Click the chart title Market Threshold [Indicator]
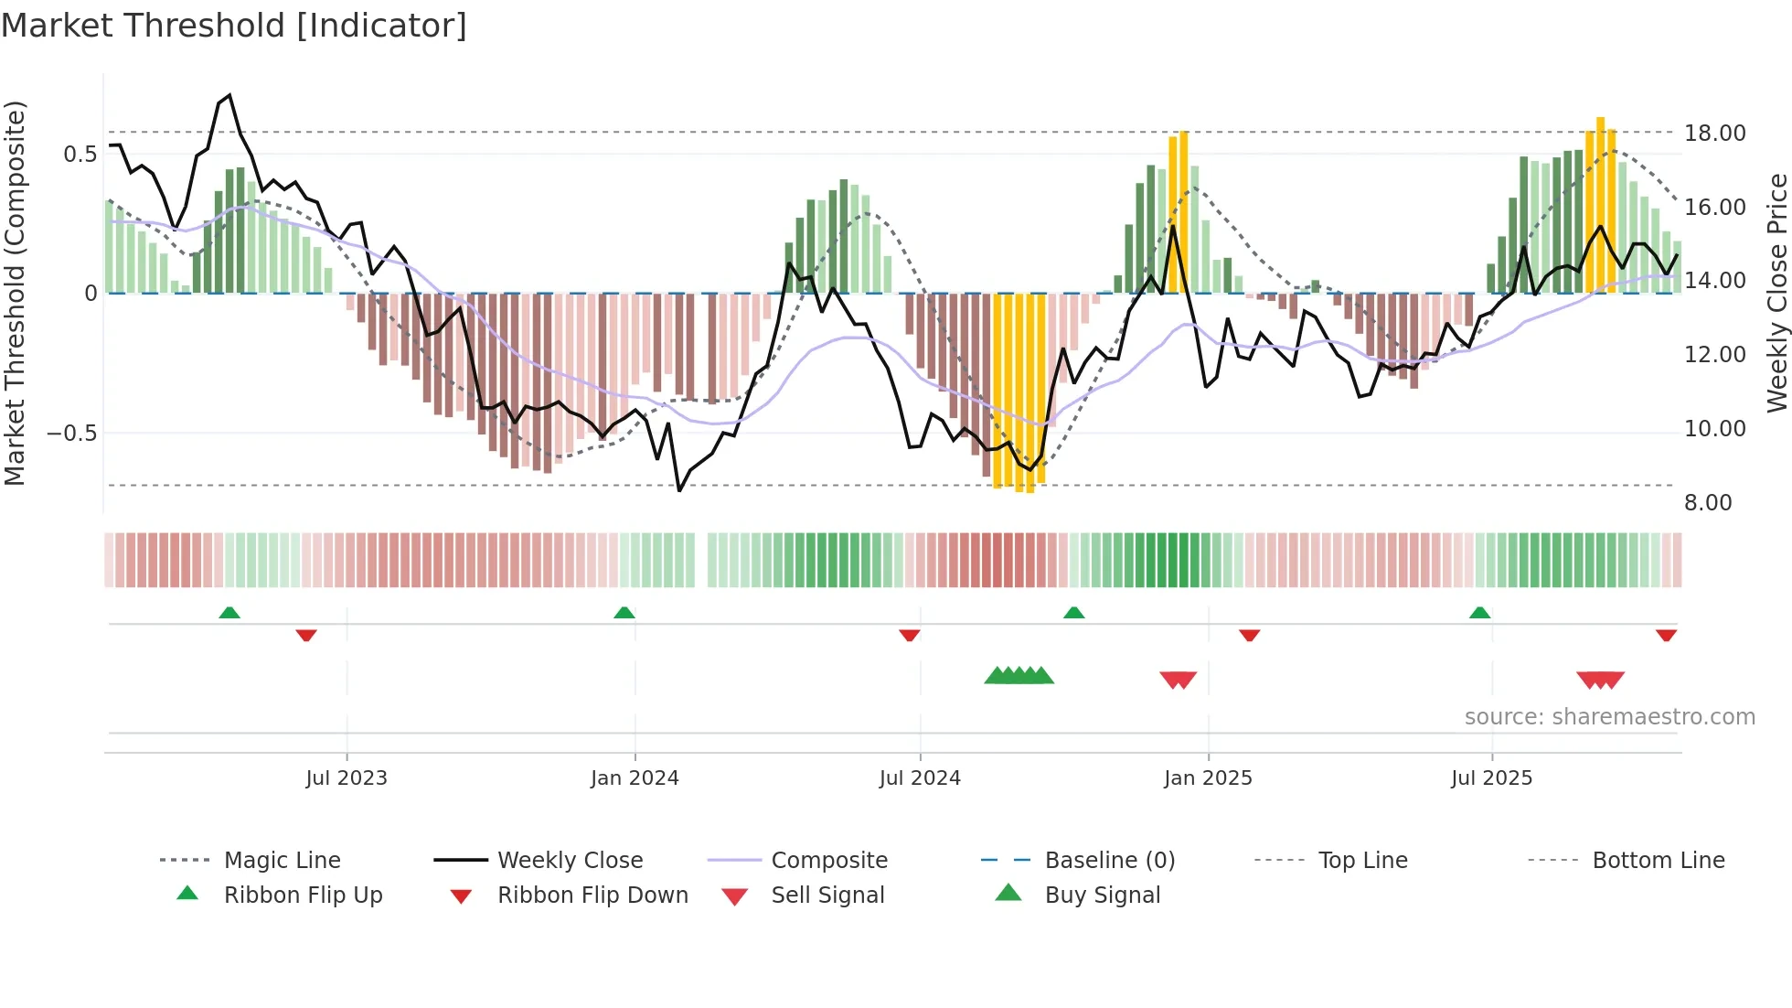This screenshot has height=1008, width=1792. click(x=234, y=26)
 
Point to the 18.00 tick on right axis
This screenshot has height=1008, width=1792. click(x=1714, y=134)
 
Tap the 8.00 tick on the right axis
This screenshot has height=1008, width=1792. click(x=1707, y=503)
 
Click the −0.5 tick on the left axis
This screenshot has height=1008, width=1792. click(x=72, y=434)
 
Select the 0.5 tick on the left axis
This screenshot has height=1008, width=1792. click(x=80, y=155)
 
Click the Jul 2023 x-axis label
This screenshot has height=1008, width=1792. click(x=347, y=778)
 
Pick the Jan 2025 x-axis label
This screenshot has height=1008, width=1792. click(x=1208, y=778)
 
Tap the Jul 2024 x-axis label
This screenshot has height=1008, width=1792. click(x=920, y=778)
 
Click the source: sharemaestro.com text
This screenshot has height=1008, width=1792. click(x=1609, y=717)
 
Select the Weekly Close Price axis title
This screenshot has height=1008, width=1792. click(x=1776, y=293)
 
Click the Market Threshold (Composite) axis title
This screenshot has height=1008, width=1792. click(x=16, y=293)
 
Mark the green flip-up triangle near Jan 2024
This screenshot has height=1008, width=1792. click(x=624, y=613)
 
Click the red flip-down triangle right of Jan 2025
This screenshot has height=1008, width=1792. click(x=1250, y=635)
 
